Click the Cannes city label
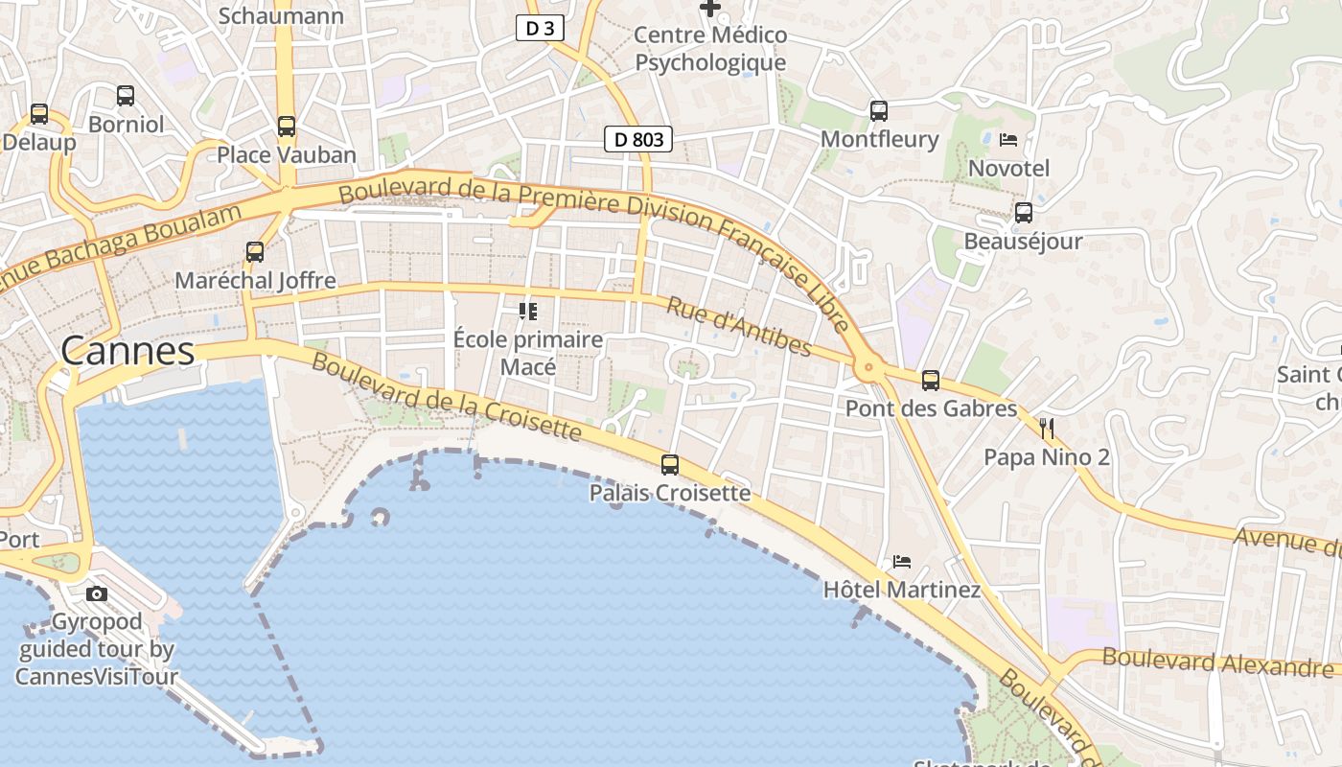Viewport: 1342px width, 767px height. (x=127, y=351)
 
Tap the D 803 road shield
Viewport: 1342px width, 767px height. (x=638, y=139)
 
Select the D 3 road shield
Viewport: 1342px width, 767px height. (x=540, y=28)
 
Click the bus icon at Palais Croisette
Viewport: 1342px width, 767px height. (x=670, y=465)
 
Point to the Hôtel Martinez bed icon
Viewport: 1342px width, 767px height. (x=901, y=561)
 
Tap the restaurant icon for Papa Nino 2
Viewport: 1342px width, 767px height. (x=1047, y=428)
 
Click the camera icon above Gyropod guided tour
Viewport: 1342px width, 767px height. (x=97, y=593)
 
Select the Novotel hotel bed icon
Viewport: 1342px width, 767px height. (x=1008, y=140)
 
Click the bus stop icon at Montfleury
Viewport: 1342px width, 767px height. (x=879, y=110)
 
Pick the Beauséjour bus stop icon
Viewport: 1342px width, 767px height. (x=1024, y=212)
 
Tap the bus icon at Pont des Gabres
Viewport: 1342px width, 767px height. (x=930, y=381)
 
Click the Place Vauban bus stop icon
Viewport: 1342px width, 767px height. (x=287, y=126)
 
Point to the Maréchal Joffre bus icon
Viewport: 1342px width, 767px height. (x=255, y=252)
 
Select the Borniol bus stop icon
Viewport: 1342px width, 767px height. (x=126, y=95)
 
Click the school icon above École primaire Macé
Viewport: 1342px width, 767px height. (x=527, y=311)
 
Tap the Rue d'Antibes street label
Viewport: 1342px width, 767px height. (x=739, y=326)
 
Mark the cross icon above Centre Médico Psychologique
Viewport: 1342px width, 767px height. (x=710, y=9)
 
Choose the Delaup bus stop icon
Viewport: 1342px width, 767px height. (x=39, y=113)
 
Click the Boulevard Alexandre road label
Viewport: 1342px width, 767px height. (x=1217, y=662)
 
